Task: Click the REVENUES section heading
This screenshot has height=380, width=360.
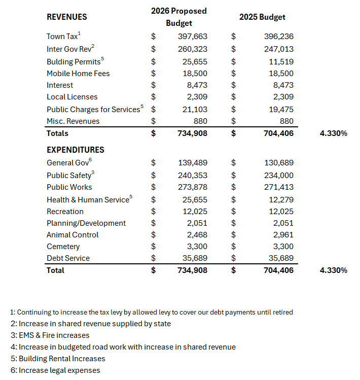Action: (x=67, y=17)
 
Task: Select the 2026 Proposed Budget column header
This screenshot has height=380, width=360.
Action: (x=179, y=17)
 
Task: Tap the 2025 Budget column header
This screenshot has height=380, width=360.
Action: (x=262, y=17)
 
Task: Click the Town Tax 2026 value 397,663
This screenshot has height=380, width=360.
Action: (x=193, y=37)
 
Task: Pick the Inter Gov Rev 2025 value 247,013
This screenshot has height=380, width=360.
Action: (x=279, y=49)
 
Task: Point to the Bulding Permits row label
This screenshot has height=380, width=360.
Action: (x=74, y=62)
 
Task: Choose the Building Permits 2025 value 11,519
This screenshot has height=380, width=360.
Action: (x=281, y=61)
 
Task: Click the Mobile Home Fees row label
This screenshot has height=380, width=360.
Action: (x=78, y=74)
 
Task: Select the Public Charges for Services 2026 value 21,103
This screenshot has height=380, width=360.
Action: (x=195, y=109)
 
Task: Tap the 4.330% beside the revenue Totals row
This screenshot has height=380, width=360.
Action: (x=334, y=133)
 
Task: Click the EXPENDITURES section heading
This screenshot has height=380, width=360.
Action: (x=76, y=150)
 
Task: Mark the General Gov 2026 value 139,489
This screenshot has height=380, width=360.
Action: (x=193, y=163)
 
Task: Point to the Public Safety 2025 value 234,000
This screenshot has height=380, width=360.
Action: (x=279, y=175)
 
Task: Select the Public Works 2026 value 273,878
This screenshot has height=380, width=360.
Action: (x=193, y=187)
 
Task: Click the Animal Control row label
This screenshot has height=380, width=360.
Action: (x=73, y=235)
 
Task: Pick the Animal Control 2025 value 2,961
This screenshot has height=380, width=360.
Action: (x=283, y=235)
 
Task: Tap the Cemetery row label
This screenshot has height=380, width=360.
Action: (x=63, y=247)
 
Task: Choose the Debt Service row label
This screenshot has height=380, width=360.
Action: (x=68, y=258)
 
